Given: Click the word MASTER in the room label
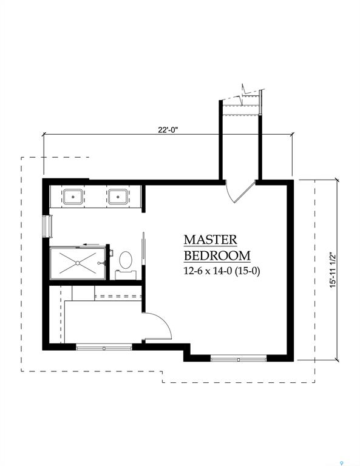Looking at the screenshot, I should [x=211, y=240].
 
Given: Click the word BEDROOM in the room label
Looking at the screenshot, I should [x=217, y=255].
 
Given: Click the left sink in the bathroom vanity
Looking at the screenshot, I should [x=75, y=197].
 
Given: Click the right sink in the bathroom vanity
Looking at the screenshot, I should [x=117, y=197].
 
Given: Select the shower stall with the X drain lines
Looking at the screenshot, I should [x=78, y=263].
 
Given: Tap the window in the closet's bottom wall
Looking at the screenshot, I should [x=104, y=348].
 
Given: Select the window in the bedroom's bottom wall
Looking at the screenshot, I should [x=239, y=359].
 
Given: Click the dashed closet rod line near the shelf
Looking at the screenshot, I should [x=118, y=296].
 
